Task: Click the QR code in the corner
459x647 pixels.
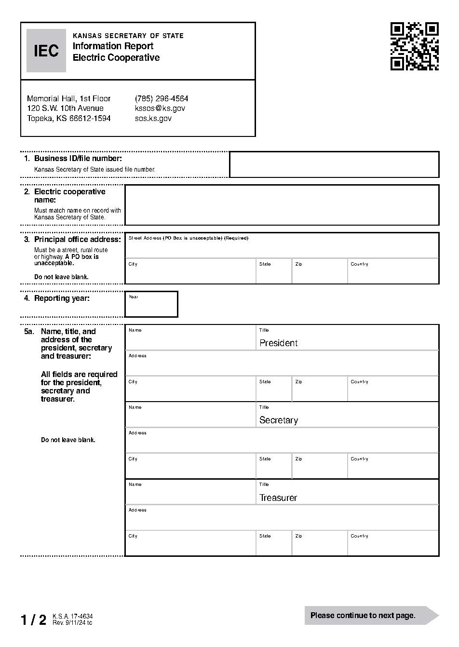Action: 414,46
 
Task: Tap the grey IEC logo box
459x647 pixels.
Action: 46,51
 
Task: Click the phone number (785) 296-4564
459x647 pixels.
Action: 162,98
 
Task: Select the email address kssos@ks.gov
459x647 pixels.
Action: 160,108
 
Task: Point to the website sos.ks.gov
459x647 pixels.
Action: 153,119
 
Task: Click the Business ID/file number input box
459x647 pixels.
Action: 334,164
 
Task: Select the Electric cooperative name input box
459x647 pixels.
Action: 282,205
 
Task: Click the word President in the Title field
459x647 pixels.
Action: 279,343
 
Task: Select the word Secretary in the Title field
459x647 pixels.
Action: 279,420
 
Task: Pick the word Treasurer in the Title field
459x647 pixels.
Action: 278,498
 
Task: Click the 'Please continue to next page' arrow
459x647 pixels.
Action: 371,615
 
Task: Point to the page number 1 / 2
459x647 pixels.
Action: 33,620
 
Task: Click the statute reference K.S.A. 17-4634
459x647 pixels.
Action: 72,617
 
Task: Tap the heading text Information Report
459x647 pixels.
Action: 113,46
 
